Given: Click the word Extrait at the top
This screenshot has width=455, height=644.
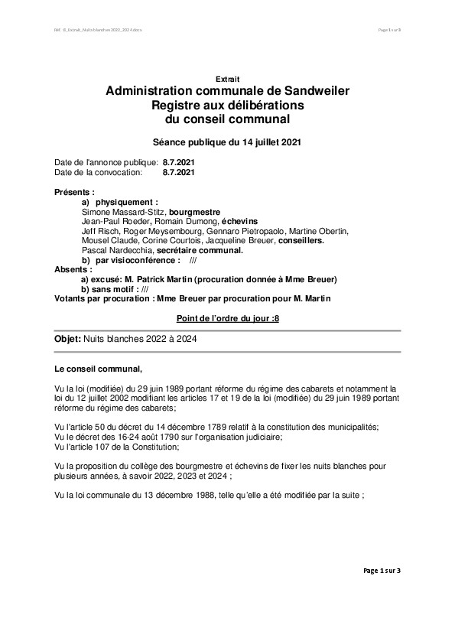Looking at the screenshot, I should point(227,78).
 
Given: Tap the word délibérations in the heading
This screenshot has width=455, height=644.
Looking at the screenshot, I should point(263,105).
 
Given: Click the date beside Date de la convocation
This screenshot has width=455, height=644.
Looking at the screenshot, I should point(179,172).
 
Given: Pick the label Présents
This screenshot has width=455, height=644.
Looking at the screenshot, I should point(74,191).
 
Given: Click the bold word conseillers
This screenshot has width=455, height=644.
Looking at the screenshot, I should point(301,240).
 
